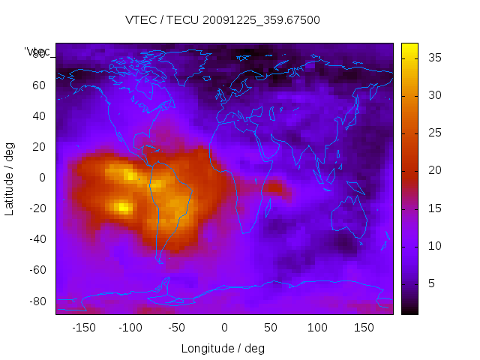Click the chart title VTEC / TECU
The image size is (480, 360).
click(x=223, y=20)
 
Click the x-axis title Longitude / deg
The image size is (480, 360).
click(x=223, y=348)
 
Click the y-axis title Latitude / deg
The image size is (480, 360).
click(x=10, y=178)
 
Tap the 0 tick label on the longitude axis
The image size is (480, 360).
click(x=223, y=327)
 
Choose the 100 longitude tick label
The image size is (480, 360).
click(x=317, y=327)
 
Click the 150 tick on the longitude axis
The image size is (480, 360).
click(x=364, y=327)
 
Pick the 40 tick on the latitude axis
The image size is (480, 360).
click(x=38, y=115)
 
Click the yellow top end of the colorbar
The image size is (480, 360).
click(x=409, y=47)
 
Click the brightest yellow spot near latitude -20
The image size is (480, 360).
click(x=122, y=207)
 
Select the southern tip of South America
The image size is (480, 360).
click(x=160, y=260)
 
